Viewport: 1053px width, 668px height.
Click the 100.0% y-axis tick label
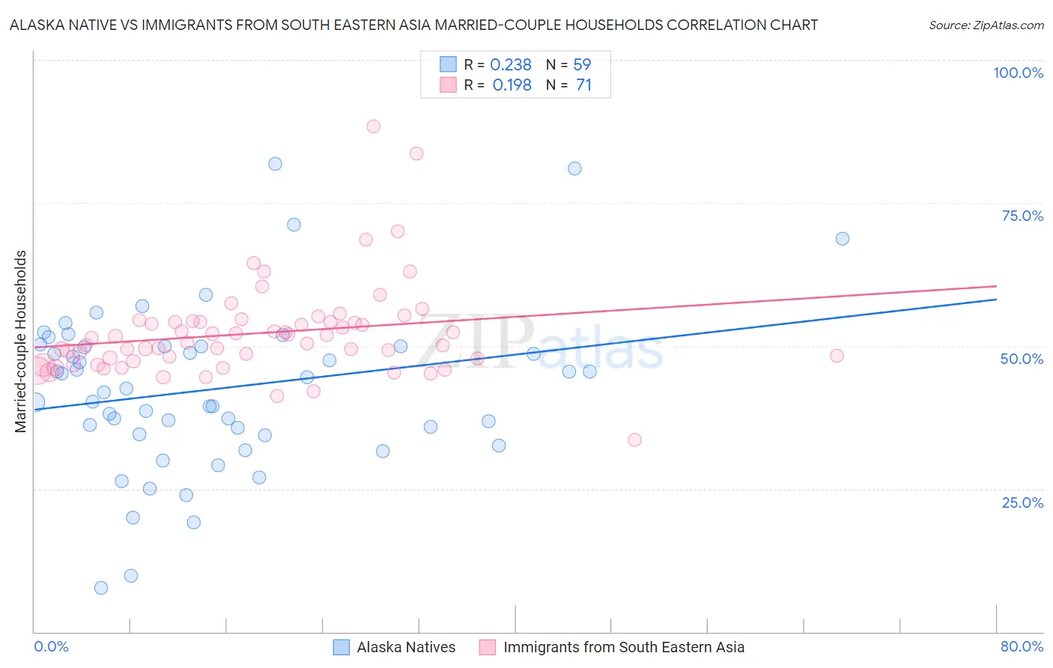[x=1018, y=73]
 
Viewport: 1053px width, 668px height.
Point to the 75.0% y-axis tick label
[x=1022, y=216]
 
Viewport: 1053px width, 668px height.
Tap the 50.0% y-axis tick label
[x=1022, y=359]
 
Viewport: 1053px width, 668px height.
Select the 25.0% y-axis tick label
[x=1022, y=502]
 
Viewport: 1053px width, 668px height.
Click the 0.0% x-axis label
[x=51, y=646]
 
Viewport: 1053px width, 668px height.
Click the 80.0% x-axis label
[x=1022, y=646]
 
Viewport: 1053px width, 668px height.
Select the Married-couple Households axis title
[x=21, y=341]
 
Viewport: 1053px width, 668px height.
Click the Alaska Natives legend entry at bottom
[x=406, y=647]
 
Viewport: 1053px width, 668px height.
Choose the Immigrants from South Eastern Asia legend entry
[x=624, y=647]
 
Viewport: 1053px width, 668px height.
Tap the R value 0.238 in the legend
[x=511, y=65]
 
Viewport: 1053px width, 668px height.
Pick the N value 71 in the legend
[x=583, y=85]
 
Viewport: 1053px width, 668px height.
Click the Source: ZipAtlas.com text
[x=986, y=25]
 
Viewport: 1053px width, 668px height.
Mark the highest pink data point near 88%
[x=373, y=127]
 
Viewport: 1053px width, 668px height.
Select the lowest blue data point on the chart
[x=101, y=588]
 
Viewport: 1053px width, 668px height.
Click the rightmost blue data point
[x=843, y=239]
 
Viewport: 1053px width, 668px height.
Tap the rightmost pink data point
[x=837, y=356]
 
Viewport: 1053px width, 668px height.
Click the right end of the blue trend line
[x=996, y=299]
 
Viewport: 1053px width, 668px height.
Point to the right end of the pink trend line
[x=996, y=285]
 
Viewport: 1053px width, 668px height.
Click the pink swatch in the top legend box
[x=448, y=85]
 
